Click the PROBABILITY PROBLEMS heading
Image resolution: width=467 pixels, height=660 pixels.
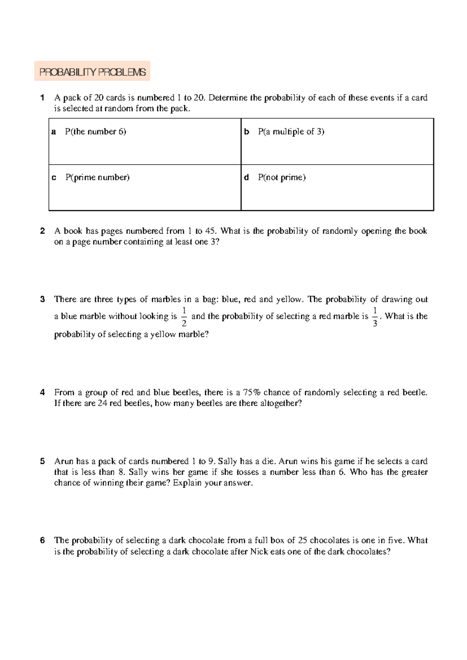92,72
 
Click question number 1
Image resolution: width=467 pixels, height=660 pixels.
42,98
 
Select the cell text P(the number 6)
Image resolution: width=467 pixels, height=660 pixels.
95,132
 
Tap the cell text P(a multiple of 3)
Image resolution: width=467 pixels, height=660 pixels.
291,132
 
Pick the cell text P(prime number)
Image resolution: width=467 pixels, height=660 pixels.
97,177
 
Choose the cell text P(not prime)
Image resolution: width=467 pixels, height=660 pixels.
282,177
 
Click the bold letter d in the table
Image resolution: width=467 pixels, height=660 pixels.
246,177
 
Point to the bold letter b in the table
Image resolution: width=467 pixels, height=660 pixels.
246,132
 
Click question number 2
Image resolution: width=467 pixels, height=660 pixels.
42,231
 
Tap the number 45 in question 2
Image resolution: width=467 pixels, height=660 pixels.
210,231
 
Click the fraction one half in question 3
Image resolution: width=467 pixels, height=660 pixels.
184,316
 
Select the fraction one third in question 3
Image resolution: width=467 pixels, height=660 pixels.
374,316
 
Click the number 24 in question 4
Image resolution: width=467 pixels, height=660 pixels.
102,403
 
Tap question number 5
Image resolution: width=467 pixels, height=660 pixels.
42,461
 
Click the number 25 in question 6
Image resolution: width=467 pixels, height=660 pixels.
302,540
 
